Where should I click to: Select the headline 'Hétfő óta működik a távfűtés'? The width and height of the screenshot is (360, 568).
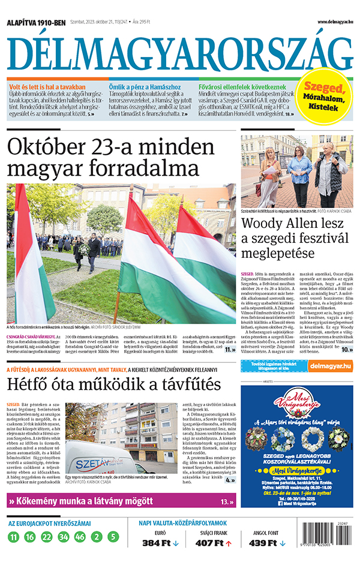[x=106, y=384]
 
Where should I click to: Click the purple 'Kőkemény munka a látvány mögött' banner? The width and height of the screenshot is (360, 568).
[x=120, y=501]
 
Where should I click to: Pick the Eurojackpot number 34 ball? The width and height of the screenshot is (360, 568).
[x=64, y=537]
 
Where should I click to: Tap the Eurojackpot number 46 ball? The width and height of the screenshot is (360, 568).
[x=80, y=537]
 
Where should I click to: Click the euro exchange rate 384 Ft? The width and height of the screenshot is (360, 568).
[x=156, y=543]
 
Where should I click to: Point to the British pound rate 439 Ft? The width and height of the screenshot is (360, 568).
[x=262, y=543]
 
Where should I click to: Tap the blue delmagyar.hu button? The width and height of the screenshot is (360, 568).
[x=328, y=365]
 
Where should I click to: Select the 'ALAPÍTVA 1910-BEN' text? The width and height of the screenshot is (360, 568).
[x=36, y=23]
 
